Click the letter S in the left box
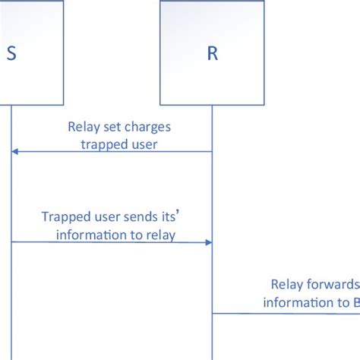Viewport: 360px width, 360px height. click(11, 54)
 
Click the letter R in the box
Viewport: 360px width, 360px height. click(211, 54)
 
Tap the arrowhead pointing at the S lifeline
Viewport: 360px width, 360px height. click(15, 152)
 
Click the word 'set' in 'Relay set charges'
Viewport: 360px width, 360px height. click(106, 128)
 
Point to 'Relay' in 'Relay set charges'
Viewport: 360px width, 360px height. click(82, 128)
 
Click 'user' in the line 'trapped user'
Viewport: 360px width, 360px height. click(142, 144)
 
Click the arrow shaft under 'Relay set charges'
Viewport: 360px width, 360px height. click(114, 152)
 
